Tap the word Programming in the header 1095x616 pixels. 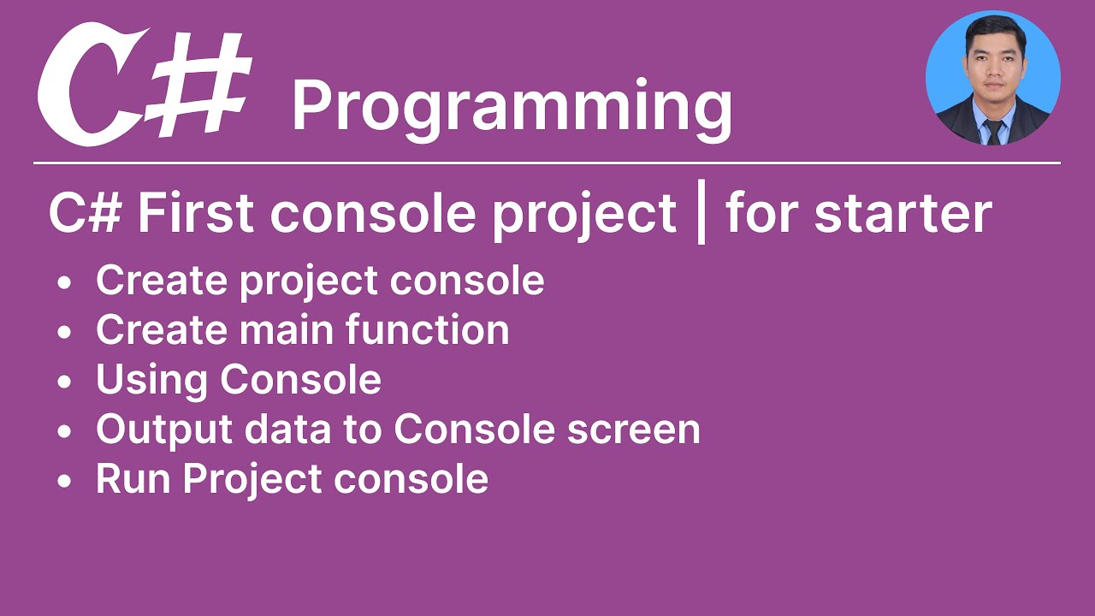tap(512, 107)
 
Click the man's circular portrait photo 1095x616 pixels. tap(992, 78)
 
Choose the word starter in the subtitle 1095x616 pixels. tap(903, 214)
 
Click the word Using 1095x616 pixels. tap(152, 381)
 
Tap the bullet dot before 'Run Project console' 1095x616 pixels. tap(66, 482)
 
